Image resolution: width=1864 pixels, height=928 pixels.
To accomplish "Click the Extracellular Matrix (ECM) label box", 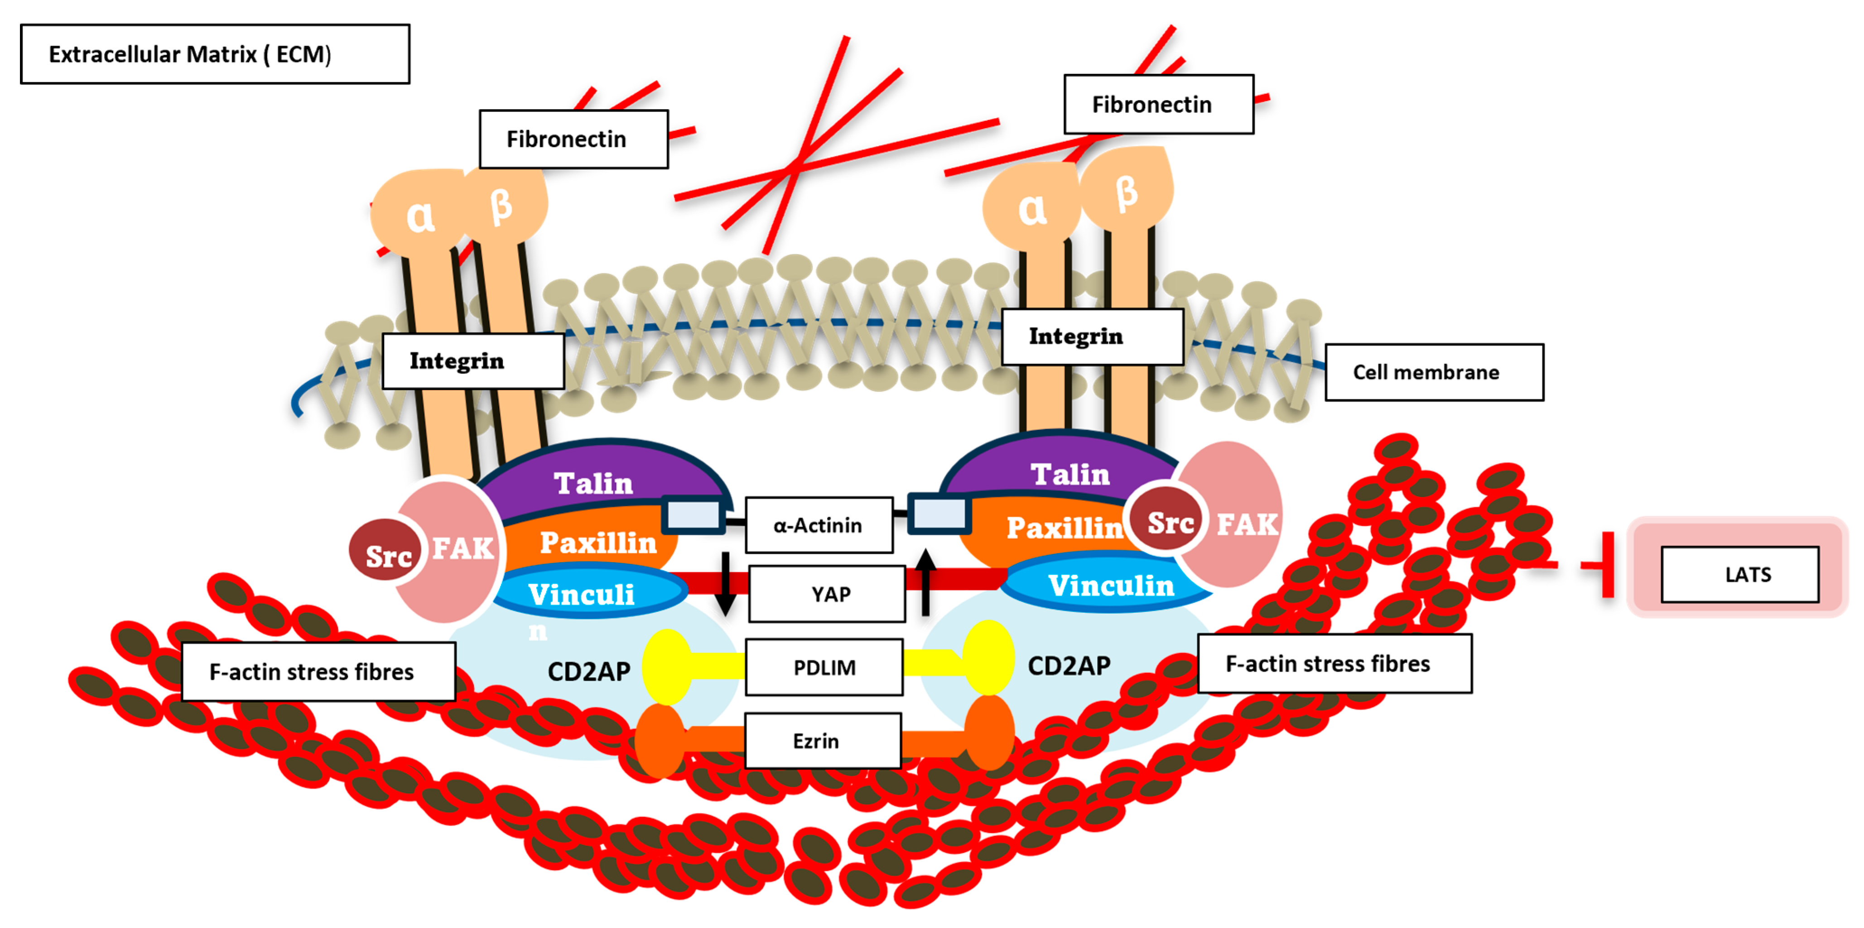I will pyautogui.click(x=215, y=54).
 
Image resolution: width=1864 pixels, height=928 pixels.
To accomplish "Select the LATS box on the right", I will pyautogui.click(x=1739, y=574).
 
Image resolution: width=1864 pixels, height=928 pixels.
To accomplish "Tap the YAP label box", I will pyautogui.click(x=827, y=594).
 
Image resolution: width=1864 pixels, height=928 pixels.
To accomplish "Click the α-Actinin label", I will pyautogui.click(x=819, y=525).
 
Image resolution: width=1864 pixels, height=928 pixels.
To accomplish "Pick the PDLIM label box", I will pyautogui.click(x=824, y=667).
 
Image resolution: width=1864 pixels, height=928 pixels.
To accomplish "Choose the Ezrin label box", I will pyautogui.click(x=822, y=740).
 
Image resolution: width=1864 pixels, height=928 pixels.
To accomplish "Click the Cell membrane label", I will pyautogui.click(x=1434, y=372).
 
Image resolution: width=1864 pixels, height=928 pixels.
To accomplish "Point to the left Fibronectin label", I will pyautogui.click(x=573, y=139).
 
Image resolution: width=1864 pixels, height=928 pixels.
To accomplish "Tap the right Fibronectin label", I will pyautogui.click(x=1158, y=104).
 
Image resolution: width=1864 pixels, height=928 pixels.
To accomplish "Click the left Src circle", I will pyautogui.click(x=385, y=554).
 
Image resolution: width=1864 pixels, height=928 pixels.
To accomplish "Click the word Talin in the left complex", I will pyautogui.click(x=593, y=482).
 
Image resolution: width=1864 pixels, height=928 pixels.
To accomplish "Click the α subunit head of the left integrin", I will pyautogui.click(x=418, y=213).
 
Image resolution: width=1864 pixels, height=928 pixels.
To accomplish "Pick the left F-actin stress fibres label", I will pyautogui.click(x=318, y=671).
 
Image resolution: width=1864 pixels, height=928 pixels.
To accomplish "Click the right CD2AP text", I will pyautogui.click(x=1069, y=665).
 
